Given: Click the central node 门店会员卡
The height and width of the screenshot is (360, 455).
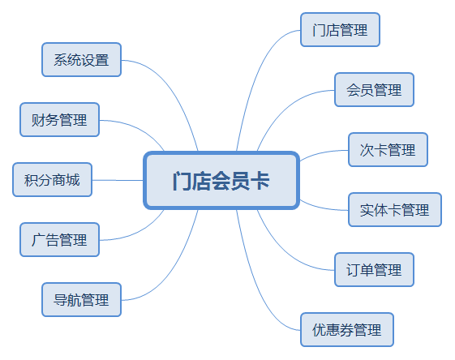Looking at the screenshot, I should (221, 180).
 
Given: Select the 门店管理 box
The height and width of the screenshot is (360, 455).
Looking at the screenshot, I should (340, 31).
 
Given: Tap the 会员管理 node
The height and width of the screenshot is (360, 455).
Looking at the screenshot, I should (374, 90).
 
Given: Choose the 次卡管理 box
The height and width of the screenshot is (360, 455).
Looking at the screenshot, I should (387, 150).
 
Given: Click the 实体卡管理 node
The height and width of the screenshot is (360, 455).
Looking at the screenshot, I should (394, 210).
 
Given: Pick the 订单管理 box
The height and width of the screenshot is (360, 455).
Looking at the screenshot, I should (374, 269).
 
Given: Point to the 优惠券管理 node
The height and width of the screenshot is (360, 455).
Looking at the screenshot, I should (346, 330).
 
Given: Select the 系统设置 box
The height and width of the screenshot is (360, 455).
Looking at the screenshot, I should (81, 60).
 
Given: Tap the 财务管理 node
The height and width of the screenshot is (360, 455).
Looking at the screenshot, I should (59, 120).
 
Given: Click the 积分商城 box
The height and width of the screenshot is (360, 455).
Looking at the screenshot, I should (53, 180).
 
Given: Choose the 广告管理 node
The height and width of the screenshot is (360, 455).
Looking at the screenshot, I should (59, 240).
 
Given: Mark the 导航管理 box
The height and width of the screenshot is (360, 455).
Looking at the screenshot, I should (81, 300).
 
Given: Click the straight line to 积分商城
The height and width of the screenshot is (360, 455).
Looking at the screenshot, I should (118, 180).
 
